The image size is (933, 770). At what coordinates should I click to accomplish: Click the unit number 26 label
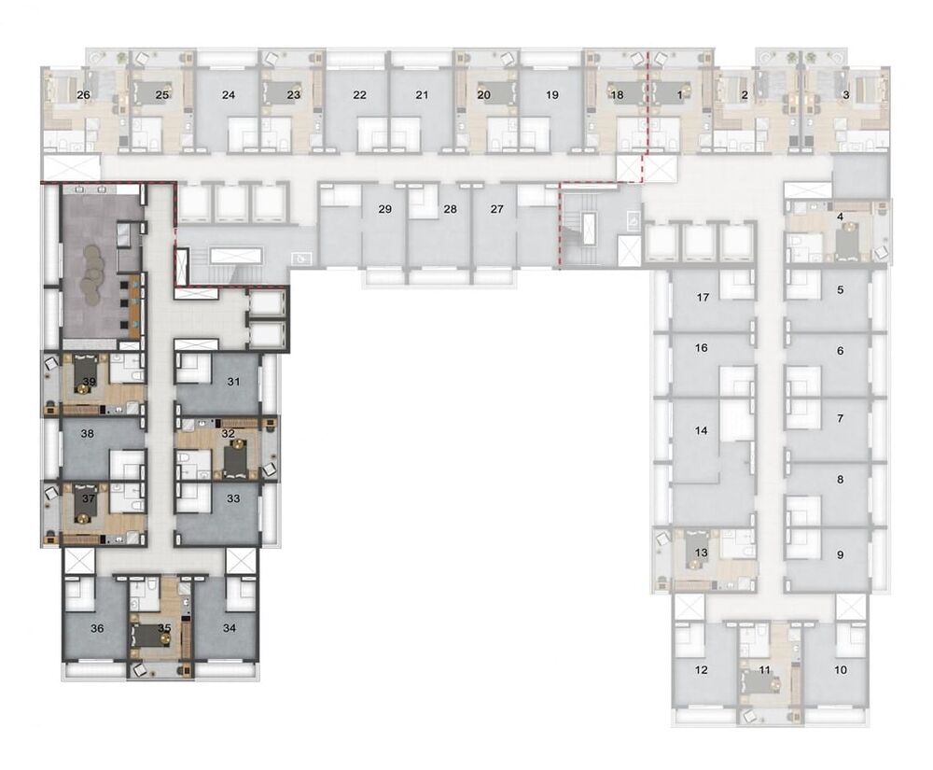84,95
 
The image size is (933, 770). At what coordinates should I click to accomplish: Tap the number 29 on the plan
384,209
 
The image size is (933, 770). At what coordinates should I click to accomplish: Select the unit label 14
703,431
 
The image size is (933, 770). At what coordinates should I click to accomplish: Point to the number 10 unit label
841,669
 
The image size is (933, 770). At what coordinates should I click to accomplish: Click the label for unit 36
97,628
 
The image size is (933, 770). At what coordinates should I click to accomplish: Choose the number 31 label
233,381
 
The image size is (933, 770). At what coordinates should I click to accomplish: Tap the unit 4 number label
841,217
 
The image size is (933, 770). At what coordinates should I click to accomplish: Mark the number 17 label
704,298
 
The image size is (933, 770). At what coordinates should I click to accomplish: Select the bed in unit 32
232,456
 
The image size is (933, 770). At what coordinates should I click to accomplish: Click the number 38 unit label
88,433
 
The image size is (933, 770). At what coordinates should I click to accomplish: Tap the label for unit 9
840,554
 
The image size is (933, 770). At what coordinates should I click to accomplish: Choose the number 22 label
359,95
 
